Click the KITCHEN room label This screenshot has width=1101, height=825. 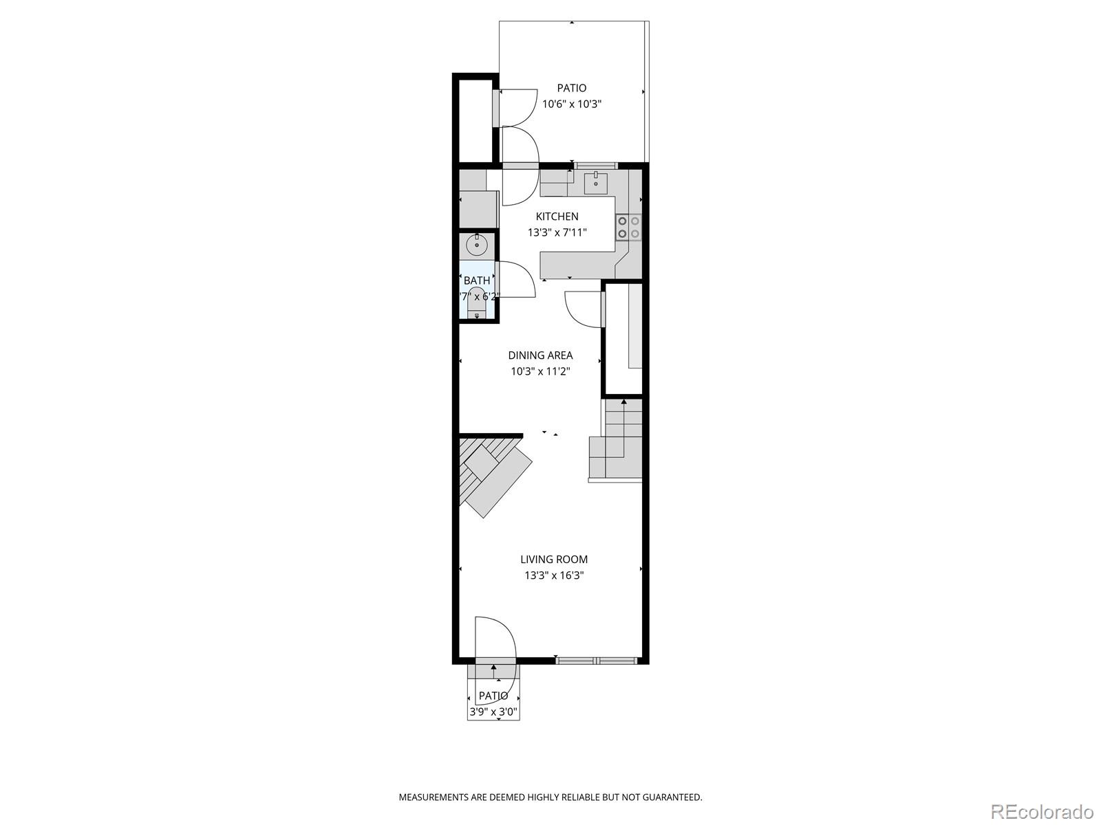(557, 217)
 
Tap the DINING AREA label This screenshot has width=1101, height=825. (540, 355)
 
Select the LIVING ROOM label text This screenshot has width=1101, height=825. (554, 560)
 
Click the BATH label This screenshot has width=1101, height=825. (477, 280)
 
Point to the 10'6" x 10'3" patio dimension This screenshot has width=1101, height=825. (572, 104)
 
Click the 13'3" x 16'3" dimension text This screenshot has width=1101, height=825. (554, 575)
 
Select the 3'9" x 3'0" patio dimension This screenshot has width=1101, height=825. (493, 712)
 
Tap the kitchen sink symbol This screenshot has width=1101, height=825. (596, 184)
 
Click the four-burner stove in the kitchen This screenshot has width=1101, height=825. (628, 227)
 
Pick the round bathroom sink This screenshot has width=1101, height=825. (476, 244)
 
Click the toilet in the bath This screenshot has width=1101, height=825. (476, 313)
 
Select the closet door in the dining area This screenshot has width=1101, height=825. (584, 309)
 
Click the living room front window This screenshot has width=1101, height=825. (597, 661)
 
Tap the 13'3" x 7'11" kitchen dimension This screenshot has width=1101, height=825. (557, 232)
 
